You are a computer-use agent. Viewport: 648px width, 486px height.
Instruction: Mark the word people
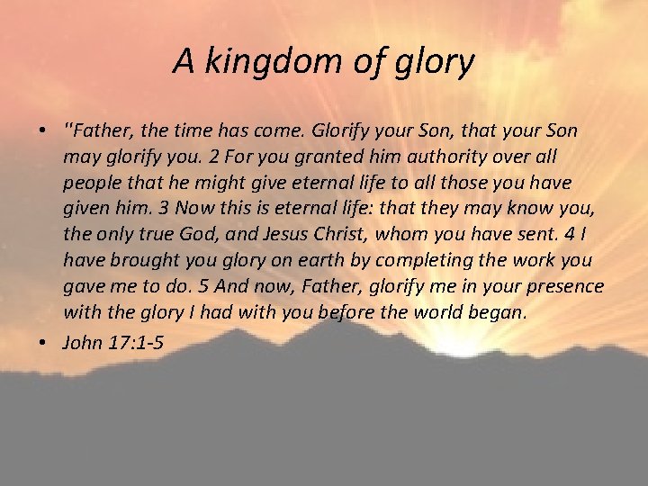[x=89, y=183]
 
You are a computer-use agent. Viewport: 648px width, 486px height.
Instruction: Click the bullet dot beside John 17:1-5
[x=42, y=343]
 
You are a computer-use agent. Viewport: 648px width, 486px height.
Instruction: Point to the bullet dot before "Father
[x=42, y=131]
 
